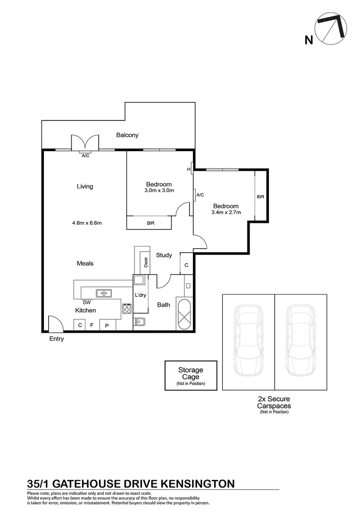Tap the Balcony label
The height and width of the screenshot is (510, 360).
(127, 135)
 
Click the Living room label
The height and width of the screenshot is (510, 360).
(85, 187)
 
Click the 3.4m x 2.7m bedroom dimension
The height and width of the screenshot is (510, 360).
(226, 212)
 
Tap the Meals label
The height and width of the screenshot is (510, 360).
(85, 263)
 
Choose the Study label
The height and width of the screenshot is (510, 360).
(164, 255)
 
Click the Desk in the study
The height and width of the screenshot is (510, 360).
(146, 262)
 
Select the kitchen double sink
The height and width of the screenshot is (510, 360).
(103, 293)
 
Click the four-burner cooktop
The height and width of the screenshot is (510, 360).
(127, 308)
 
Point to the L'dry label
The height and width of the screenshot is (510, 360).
(140, 295)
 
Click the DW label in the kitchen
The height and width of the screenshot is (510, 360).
(86, 302)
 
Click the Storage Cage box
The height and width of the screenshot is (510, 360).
(191, 375)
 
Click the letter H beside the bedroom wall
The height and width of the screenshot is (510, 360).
(189, 170)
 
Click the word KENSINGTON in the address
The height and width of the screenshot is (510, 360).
(198, 484)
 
